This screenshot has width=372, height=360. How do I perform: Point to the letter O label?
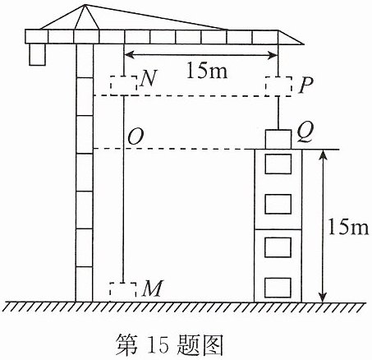(135, 136)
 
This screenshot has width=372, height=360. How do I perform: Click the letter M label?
(152, 288)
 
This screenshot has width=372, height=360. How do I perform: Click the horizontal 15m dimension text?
(207, 71)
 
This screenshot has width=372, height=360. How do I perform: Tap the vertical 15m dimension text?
(348, 227)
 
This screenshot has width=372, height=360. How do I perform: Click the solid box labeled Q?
(278, 140)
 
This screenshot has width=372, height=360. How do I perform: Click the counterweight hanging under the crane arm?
(37, 54)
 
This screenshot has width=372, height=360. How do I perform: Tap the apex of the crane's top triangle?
(85, 5)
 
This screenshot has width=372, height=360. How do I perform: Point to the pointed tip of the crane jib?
(303, 44)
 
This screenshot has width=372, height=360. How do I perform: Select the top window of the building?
(278, 164)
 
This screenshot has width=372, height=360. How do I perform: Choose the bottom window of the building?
(278, 288)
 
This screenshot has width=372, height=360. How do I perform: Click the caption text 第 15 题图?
(169, 344)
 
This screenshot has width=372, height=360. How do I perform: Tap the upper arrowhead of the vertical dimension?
(324, 155)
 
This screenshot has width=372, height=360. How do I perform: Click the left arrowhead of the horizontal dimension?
(129, 55)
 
